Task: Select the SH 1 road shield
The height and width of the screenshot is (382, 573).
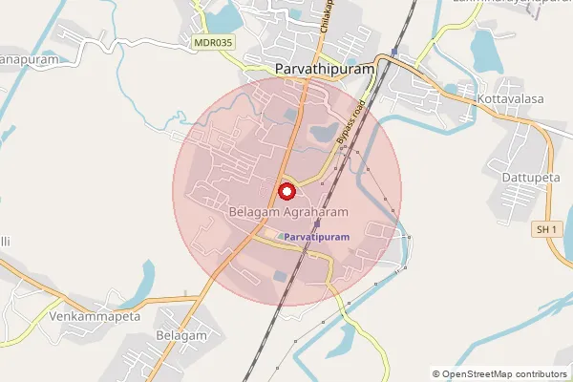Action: [x=545, y=230]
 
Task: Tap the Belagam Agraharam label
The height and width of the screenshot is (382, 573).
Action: [x=286, y=210]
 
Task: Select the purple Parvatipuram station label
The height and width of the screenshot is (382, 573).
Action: [x=317, y=235]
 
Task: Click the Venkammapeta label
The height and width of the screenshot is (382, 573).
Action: [x=95, y=316]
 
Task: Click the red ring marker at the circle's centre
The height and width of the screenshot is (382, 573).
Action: [x=286, y=190]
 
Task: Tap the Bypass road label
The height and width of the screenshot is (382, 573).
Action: [x=350, y=125]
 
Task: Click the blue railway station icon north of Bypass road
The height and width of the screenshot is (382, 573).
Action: [x=393, y=52]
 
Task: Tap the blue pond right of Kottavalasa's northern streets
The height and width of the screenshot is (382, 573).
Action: [x=488, y=53]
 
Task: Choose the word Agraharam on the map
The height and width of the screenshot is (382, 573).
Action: [x=311, y=210]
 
